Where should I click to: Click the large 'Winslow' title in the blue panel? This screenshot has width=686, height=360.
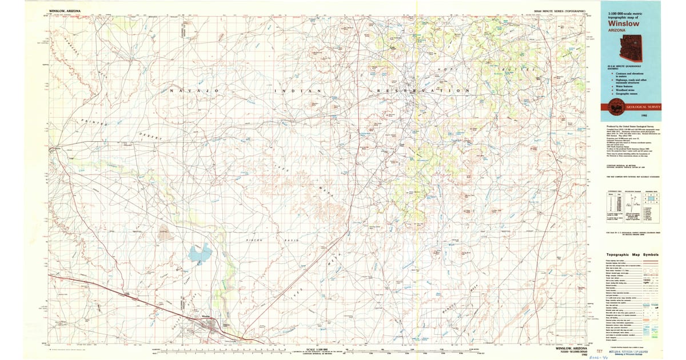pyautogui.click(x=623, y=23)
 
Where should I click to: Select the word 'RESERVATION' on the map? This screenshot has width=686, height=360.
pyautogui.click(x=424, y=91)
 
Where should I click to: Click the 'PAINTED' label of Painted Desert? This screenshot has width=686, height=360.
pyautogui.click(x=91, y=122)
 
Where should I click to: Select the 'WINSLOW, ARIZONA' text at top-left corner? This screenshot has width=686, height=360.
pyautogui.click(x=65, y=11)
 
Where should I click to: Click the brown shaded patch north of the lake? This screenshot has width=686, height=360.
pyautogui.click(x=165, y=233)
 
